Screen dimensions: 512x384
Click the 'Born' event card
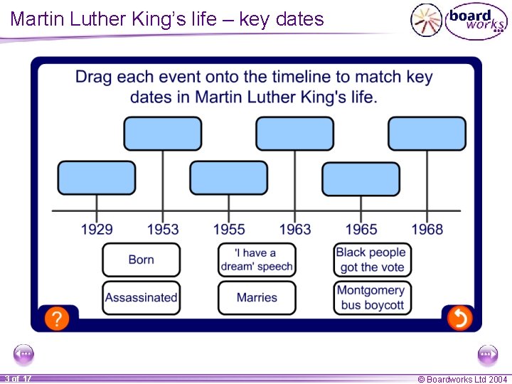point(141,260)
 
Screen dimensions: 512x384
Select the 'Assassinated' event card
point(141,297)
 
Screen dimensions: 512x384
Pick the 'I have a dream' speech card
point(256,260)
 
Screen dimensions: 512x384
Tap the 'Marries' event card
point(256,297)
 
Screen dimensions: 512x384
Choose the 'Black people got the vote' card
point(371,260)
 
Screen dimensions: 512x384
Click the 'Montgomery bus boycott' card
point(371,297)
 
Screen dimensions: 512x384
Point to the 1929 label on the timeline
point(97,229)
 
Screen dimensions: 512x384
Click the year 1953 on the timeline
point(163,229)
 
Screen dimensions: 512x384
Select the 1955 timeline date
point(229,229)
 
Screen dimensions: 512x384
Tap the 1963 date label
point(295,229)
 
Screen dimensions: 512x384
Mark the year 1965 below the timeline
point(361,229)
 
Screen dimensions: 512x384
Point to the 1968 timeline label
point(427,229)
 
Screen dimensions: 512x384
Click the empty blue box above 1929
point(97,178)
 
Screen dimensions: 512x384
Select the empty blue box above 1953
point(163,134)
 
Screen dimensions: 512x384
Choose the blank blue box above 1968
point(427,134)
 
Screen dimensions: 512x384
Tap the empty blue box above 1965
point(361,178)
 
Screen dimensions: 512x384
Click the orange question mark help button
point(57,319)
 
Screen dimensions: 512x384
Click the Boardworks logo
point(459,19)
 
